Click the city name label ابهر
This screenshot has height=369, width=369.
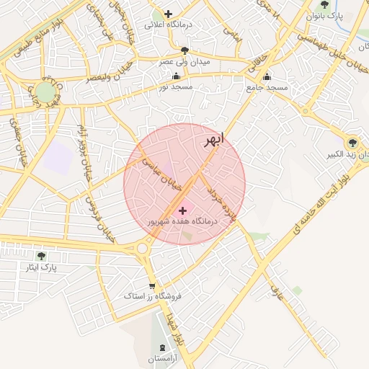click(x=214, y=139)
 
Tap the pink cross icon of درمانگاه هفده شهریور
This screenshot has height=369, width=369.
click(x=182, y=210)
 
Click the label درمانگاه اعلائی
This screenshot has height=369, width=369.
click(x=168, y=25)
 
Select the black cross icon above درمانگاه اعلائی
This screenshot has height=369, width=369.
click(x=169, y=13)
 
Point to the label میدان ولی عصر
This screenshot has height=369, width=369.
click(x=185, y=62)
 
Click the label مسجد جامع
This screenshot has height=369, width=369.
click(x=267, y=87)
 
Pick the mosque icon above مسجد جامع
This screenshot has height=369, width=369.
click(x=267, y=76)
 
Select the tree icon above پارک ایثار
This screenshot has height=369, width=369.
click(x=41, y=256)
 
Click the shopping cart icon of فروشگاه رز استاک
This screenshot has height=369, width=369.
click(x=151, y=285)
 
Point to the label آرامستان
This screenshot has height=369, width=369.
click(x=167, y=358)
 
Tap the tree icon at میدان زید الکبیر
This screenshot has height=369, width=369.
click(x=352, y=143)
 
